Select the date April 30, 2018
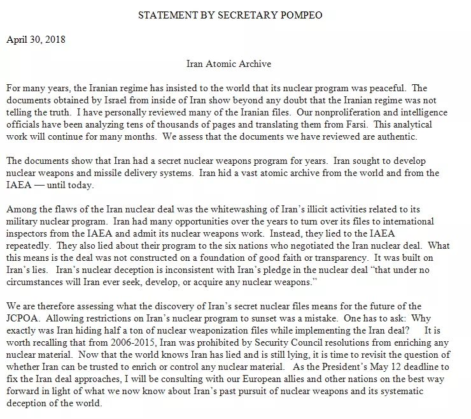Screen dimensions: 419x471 tap(36, 38)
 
